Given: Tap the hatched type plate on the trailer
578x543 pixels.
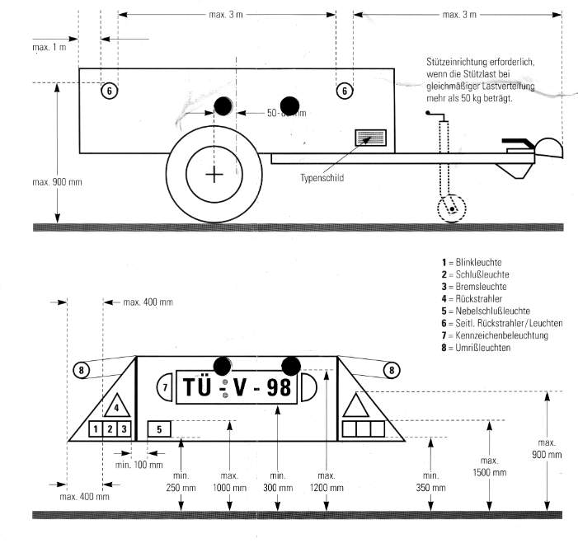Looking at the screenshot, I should (x=369, y=139).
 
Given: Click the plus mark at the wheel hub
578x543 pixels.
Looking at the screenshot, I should (x=214, y=174).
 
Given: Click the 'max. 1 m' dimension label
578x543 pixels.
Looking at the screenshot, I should (x=49, y=48).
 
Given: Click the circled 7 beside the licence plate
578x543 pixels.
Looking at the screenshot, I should (x=164, y=386).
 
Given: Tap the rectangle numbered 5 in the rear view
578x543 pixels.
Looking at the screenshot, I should (x=159, y=428).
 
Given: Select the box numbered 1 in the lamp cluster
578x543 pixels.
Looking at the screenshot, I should (x=96, y=428).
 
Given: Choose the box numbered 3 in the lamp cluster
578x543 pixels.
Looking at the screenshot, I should (x=124, y=428).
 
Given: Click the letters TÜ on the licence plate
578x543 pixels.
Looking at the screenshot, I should (x=199, y=387).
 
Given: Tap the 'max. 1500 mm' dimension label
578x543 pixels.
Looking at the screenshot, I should (x=490, y=466).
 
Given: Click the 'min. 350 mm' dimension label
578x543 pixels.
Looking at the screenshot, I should (x=430, y=482).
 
